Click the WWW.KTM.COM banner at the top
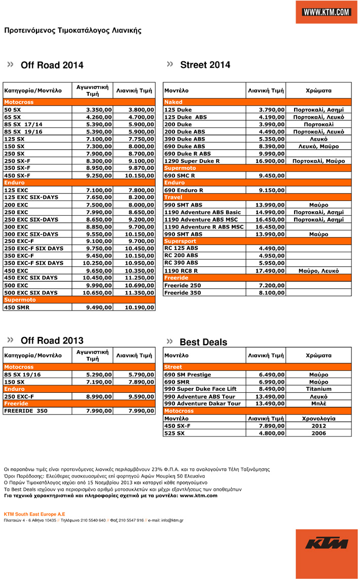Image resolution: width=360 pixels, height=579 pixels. click(327, 12)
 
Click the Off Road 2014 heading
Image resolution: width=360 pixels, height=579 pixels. click(52, 65)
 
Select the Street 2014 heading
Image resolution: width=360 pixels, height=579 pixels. click(205, 65)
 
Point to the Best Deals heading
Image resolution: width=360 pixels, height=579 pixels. click(203, 343)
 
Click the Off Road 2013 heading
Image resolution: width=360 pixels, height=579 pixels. click(52, 340)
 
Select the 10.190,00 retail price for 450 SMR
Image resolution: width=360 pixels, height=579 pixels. click(139, 307)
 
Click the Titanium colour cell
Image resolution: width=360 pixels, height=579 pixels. click(318, 389)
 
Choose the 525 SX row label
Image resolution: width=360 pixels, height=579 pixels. click(174, 433)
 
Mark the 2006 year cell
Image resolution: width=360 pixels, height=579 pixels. click(318, 433)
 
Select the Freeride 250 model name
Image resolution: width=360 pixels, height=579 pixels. click(183, 286)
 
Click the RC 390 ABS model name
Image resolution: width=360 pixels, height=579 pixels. click(181, 263)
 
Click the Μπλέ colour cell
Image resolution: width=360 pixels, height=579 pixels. click(318, 404)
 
